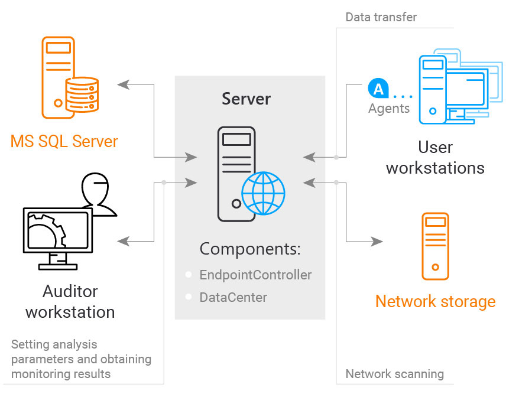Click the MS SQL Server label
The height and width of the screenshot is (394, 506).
(64, 142)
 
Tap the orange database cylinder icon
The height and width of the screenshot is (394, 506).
(81, 95)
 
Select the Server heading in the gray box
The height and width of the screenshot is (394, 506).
(246, 99)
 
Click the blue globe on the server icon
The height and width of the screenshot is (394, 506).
(263, 193)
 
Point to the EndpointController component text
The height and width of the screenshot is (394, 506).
(255, 275)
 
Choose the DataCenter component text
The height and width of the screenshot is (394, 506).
(233, 298)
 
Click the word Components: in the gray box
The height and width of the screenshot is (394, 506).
(250, 249)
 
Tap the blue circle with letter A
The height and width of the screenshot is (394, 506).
(378, 89)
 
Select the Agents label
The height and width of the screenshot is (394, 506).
(388, 109)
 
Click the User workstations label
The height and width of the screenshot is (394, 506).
(435, 157)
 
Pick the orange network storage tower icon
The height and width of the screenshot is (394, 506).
(435, 246)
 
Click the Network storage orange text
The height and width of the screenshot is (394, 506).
(435, 302)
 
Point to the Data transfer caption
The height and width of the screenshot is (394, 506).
(381, 17)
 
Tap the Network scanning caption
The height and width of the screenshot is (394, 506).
(394, 374)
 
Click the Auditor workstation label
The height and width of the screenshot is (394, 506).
(70, 301)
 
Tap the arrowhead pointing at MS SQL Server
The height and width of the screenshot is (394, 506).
(123, 84)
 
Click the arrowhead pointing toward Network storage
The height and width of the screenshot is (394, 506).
(377, 241)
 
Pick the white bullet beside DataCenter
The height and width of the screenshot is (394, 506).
(189, 298)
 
